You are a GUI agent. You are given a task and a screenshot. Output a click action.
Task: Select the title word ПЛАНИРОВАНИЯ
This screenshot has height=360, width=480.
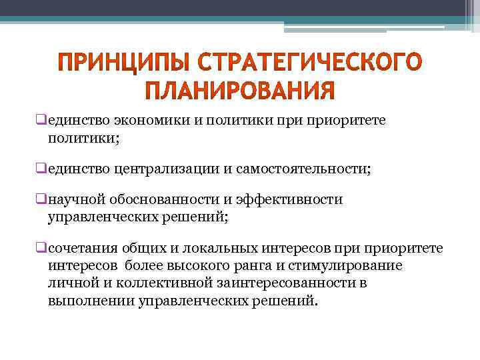[239, 90]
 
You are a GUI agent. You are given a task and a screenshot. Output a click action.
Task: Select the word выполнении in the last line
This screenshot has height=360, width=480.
[91, 299]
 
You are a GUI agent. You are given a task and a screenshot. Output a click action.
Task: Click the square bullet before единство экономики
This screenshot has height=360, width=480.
[41, 119]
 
